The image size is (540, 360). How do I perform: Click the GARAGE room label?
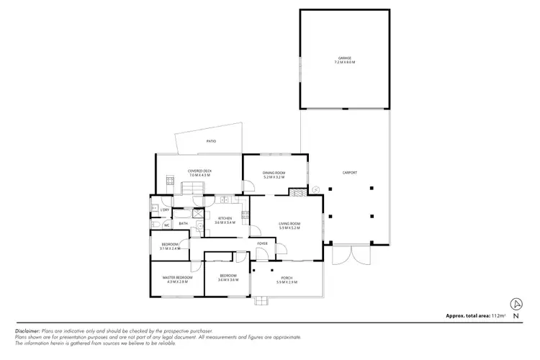pyautogui.click(x=344, y=59)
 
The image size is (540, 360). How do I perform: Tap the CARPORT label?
pyautogui.click(x=350, y=173)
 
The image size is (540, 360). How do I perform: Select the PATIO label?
pyautogui.click(x=211, y=141)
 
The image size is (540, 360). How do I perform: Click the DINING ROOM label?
pyautogui.click(x=274, y=173)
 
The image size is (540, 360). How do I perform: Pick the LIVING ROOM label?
pyautogui.click(x=289, y=224)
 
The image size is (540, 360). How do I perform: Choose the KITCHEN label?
pyautogui.click(x=225, y=219)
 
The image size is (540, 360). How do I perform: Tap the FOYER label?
pyautogui.click(x=263, y=243)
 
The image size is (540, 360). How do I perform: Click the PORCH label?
pyautogui.click(x=287, y=278)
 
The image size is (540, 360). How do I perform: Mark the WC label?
pyautogui.click(x=166, y=225)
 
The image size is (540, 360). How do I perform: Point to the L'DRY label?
pyautogui.click(x=165, y=210)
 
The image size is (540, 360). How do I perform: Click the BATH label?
pyautogui.click(x=183, y=224)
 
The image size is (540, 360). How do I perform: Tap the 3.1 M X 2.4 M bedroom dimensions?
pyautogui.click(x=169, y=248)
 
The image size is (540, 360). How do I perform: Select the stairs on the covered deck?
pyautogui.click(x=192, y=189)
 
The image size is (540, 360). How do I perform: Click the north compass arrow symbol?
pyautogui.click(x=516, y=304)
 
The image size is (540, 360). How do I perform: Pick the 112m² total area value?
pyautogui.click(x=498, y=316)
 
